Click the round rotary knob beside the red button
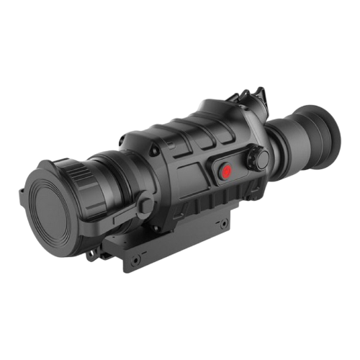[x=258, y=157]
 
